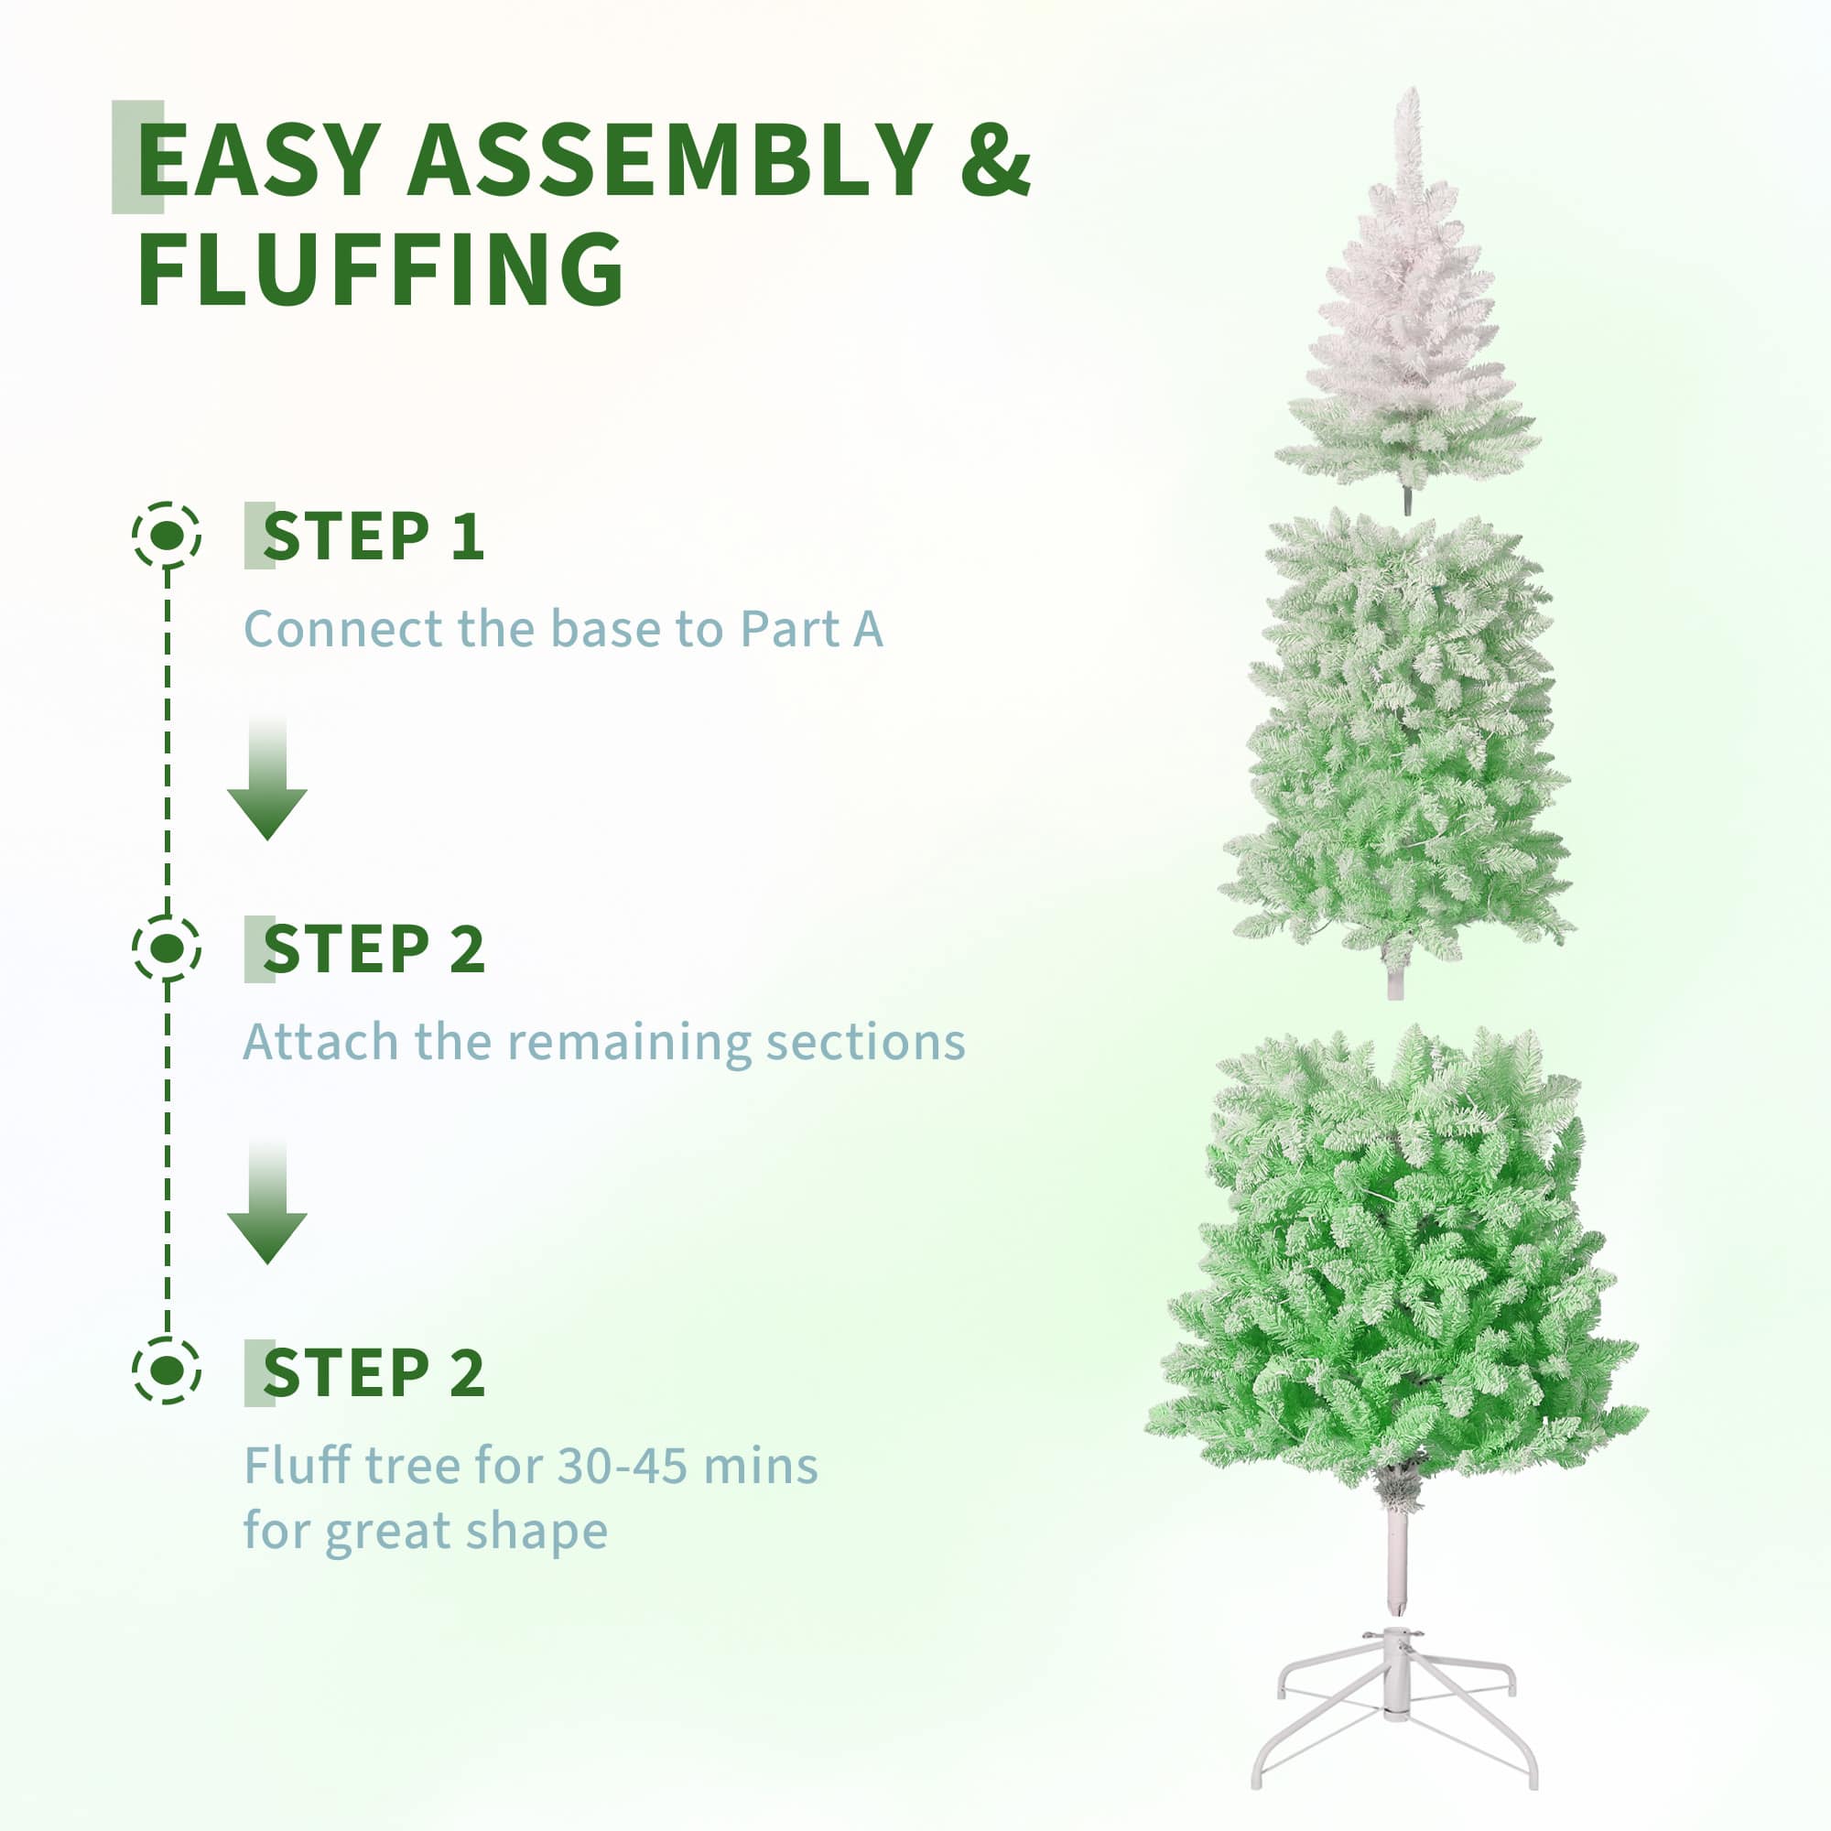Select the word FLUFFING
(x=380, y=271)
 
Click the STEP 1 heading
(x=374, y=536)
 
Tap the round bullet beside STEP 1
(x=167, y=536)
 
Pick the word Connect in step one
(x=342, y=629)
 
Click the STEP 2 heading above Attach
(x=374, y=949)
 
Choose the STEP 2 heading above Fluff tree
(x=374, y=1373)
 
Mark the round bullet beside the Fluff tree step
(x=167, y=1371)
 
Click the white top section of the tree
(x=1408, y=331)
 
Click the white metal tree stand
(x=1395, y=1706)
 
